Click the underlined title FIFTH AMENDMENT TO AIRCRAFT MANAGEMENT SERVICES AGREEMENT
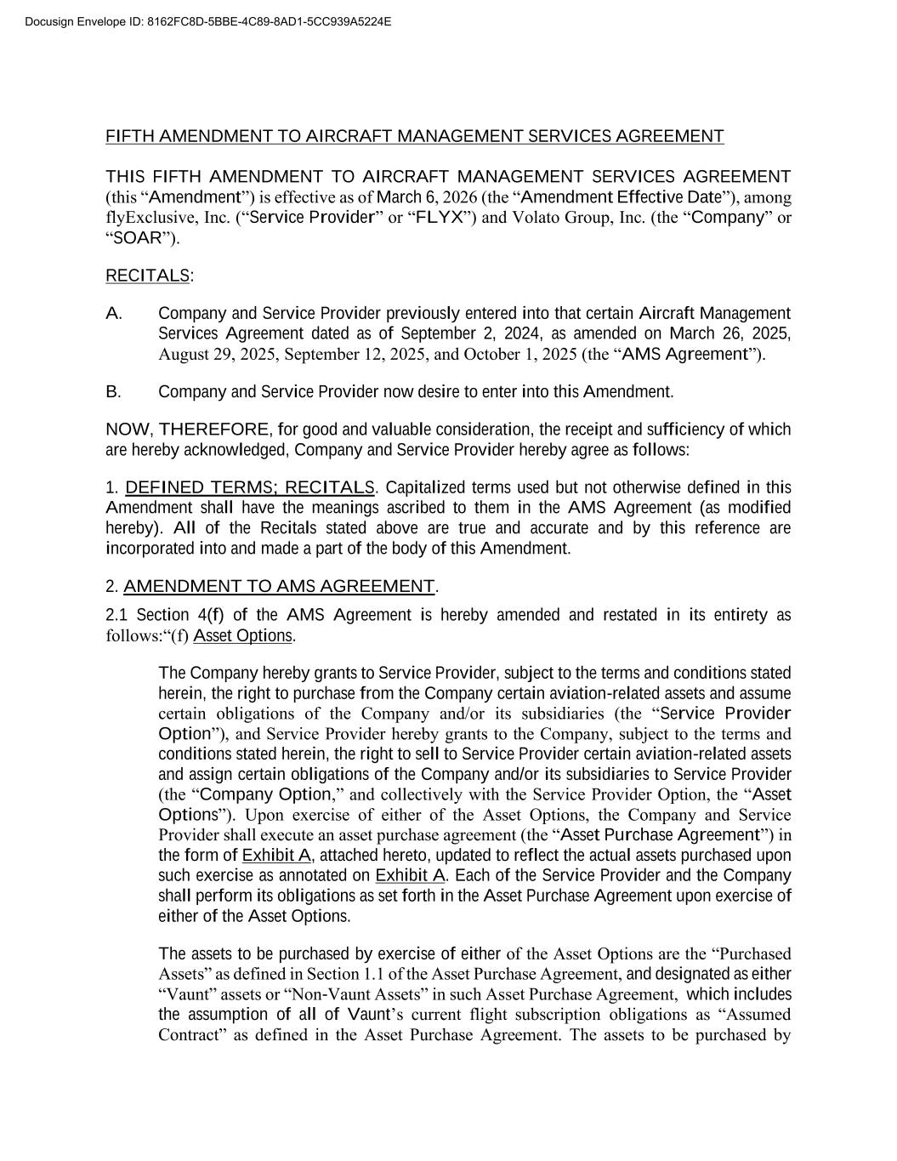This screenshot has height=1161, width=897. (414, 136)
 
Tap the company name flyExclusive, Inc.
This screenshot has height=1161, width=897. (162, 217)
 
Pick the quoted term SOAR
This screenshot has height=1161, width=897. (137, 237)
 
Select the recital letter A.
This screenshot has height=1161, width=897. (114, 314)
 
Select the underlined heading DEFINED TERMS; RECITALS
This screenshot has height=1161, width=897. (249, 487)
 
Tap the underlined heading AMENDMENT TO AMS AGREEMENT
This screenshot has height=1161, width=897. (279, 586)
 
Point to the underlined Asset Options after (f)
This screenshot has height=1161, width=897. (242, 635)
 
